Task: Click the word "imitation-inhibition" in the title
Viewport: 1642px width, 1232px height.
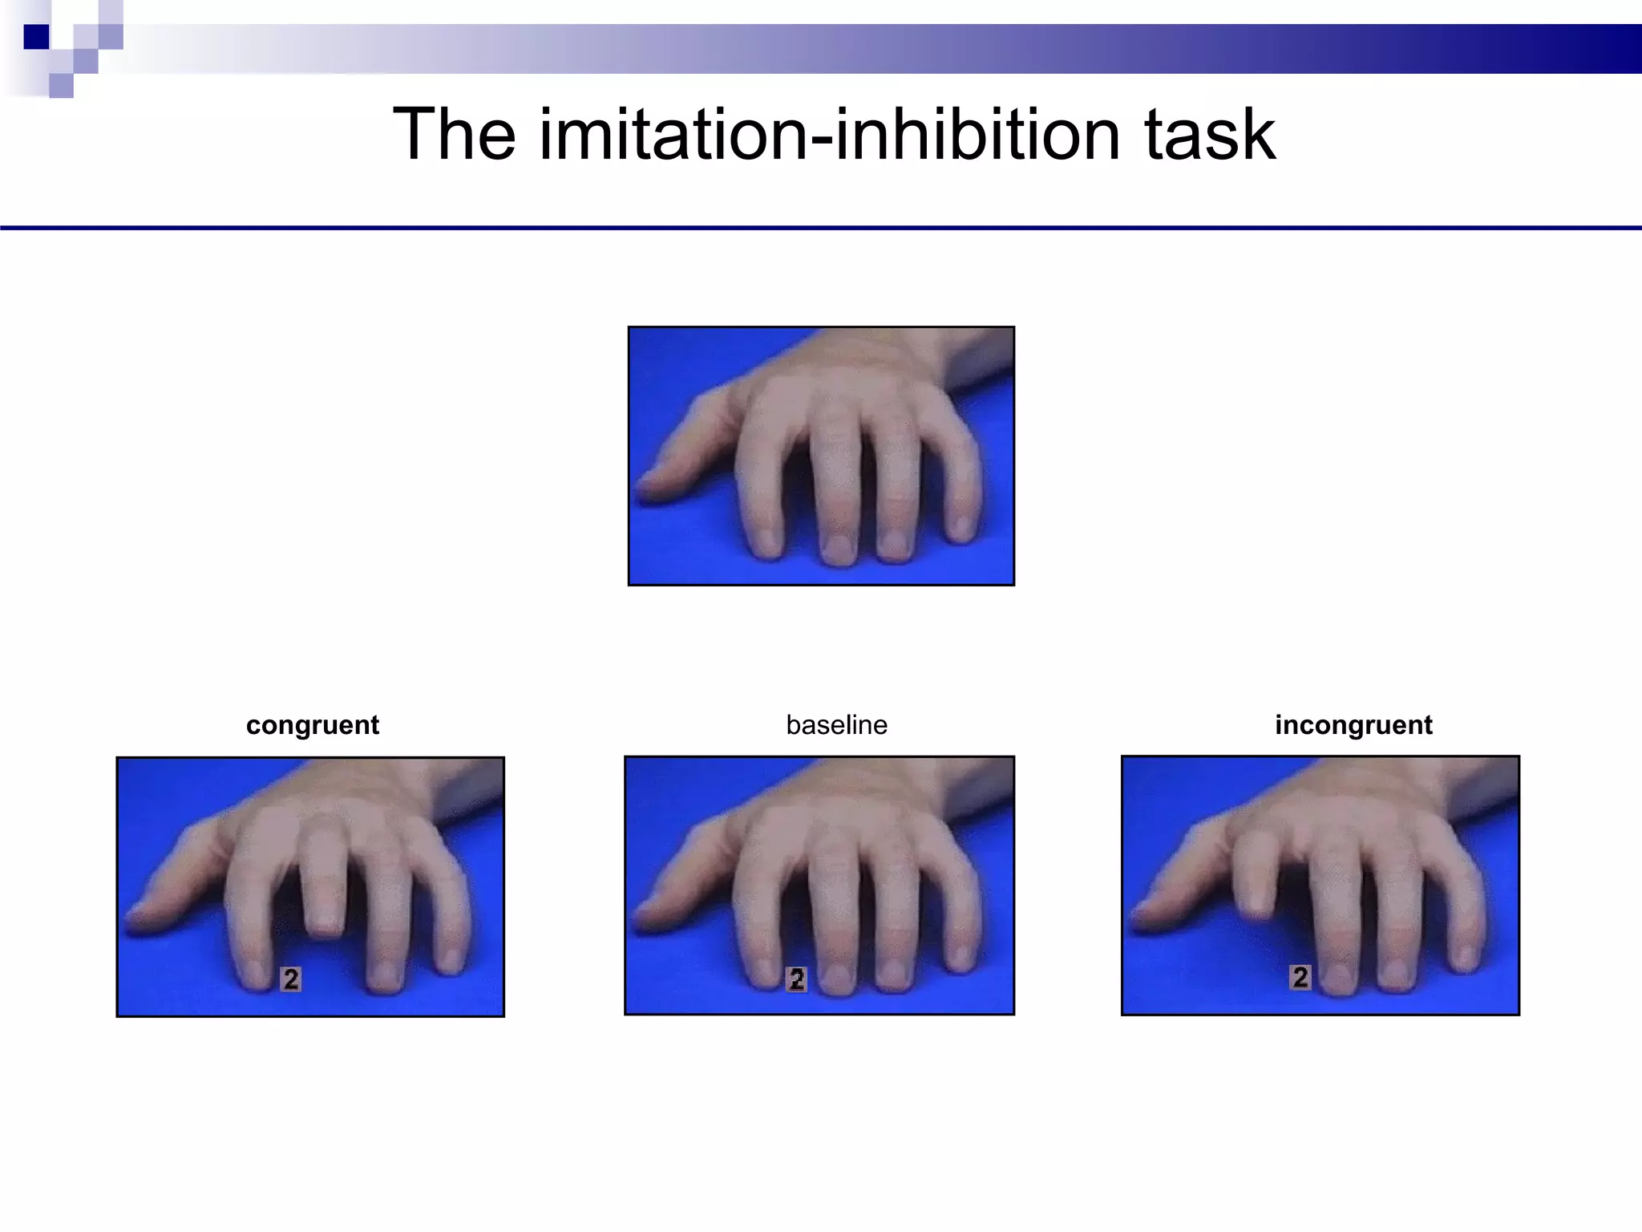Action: coord(829,135)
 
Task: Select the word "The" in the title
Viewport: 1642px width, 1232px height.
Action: coord(454,135)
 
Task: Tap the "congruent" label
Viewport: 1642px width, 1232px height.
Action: coord(312,725)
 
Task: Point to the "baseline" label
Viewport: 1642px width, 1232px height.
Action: coord(836,725)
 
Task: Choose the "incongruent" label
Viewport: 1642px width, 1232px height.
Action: coord(1353,725)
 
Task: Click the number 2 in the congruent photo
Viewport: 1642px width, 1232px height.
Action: coord(291,979)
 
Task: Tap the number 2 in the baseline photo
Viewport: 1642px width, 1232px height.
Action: coord(796,979)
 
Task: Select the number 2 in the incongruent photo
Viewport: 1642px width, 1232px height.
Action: coord(1300,977)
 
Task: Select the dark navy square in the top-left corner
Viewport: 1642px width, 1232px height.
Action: coord(36,37)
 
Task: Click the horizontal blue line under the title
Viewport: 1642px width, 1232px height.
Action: coord(821,229)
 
